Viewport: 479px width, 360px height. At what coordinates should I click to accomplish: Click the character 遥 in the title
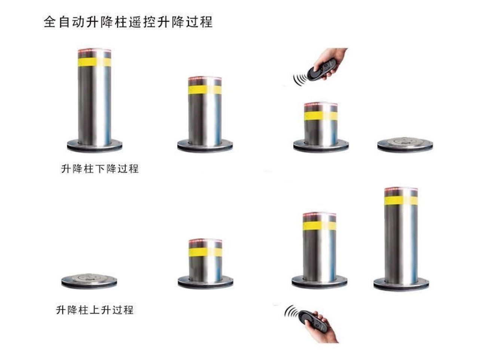136,22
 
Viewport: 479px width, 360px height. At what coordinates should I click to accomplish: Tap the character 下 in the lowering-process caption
100,169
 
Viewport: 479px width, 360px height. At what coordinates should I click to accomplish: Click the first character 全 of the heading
51,22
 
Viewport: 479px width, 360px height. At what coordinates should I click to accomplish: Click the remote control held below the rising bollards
312,319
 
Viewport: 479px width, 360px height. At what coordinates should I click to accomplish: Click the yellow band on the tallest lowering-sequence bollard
95,62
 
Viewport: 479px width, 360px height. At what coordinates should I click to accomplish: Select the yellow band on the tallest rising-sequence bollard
401,200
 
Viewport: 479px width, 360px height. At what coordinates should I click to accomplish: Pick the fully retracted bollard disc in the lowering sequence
405,144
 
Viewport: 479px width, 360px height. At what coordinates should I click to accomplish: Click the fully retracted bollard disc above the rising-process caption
89,281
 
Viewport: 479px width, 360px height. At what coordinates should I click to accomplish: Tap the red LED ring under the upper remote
321,105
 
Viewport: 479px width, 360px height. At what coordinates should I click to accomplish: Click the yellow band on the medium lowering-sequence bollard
205,90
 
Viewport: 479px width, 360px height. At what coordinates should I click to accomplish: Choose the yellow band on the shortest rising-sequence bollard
205,252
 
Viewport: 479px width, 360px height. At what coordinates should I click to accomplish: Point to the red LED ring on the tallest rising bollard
401,189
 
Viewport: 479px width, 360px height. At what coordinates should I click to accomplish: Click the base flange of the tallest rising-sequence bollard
401,284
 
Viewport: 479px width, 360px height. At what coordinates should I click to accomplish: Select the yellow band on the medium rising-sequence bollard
319,226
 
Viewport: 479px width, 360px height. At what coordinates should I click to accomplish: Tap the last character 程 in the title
206,22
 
